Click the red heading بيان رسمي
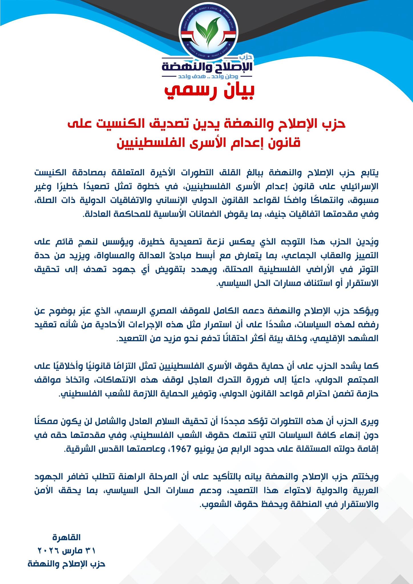click(x=209, y=91)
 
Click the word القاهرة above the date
click(x=67, y=537)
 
